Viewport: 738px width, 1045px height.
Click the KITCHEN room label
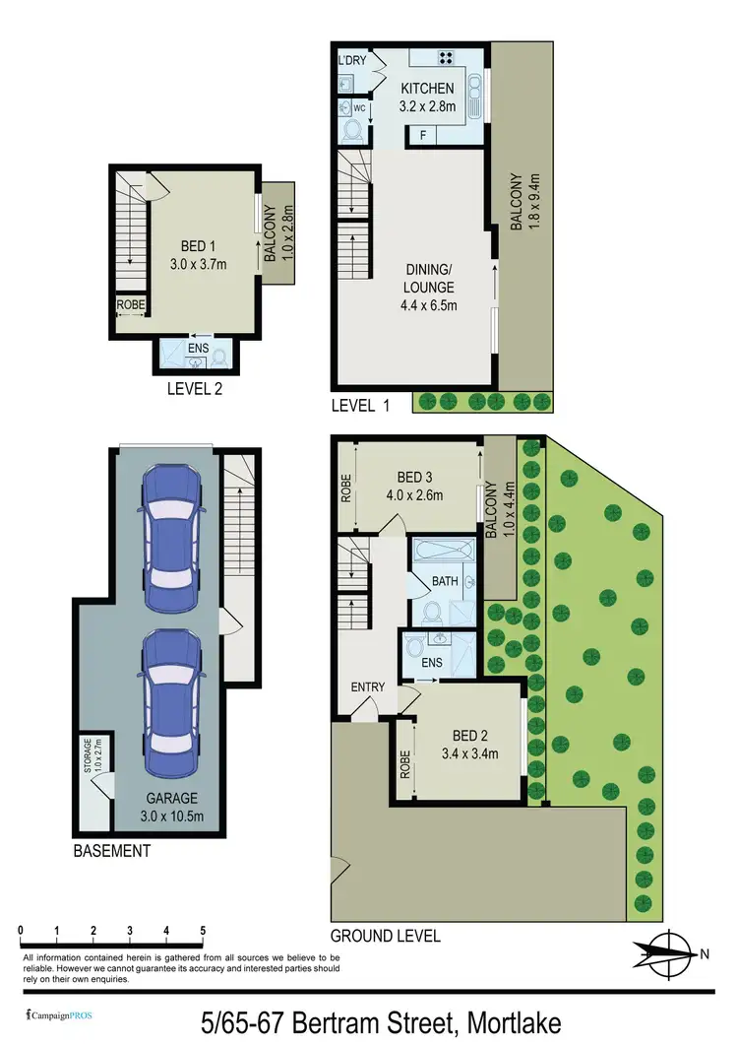[426, 89]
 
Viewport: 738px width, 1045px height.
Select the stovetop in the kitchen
[445, 56]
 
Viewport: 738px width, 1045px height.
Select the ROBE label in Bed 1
[131, 305]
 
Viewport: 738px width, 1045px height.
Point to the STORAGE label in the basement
[88, 758]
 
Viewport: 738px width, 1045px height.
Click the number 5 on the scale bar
[203, 930]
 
